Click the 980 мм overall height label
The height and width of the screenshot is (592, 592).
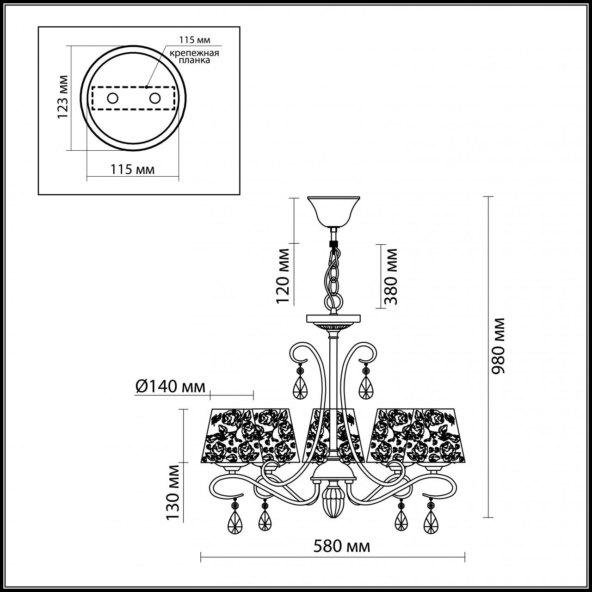(499, 346)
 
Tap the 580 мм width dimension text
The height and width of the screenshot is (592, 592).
(342, 546)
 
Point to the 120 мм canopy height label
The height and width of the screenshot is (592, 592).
(283, 276)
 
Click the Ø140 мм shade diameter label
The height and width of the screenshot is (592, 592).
(171, 386)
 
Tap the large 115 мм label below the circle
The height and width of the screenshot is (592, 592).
(132, 169)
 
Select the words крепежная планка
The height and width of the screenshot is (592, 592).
(194, 56)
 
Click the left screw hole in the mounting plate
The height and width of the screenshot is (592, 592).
(113, 98)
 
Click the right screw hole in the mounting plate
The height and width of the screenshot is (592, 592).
(154, 98)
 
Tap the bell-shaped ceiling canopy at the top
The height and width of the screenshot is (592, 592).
(334, 210)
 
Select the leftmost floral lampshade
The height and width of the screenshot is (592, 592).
(231, 436)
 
